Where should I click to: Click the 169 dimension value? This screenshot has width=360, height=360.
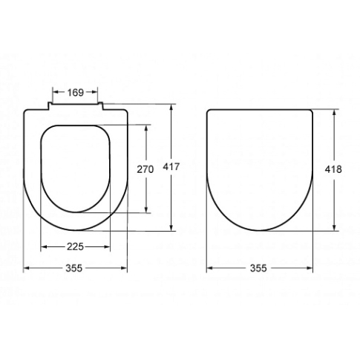[76, 92]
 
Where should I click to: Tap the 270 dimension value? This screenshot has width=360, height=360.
[145, 169]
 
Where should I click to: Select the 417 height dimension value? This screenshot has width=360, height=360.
[171, 167]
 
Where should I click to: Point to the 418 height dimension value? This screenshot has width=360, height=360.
[333, 169]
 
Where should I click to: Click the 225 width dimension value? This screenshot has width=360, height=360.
[75, 246]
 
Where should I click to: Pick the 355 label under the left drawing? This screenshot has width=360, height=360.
[73, 268]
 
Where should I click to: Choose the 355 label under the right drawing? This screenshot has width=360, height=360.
[258, 268]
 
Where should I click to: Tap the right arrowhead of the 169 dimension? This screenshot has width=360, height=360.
[95, 92]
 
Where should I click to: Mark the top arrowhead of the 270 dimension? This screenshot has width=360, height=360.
[146, 128]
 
